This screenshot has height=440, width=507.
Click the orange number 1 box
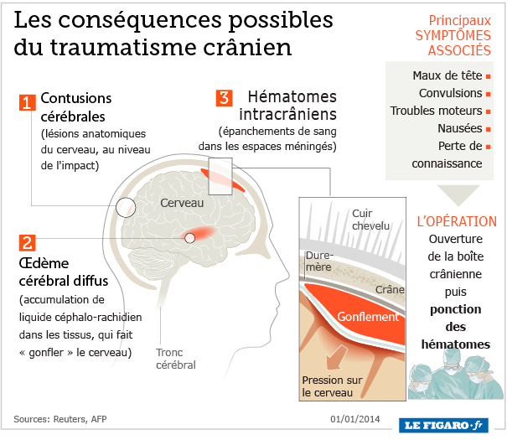[x=26, y=103]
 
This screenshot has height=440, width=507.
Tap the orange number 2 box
[x=26, y=243]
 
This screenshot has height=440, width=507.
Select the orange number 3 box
[x=224, y=96]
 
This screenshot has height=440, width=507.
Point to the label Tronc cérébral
[x=175, y=358]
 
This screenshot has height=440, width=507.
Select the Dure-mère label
[x=318, y=261]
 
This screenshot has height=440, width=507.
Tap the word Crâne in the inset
[x=391, y=290]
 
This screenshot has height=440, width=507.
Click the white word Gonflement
[x=368, y=317]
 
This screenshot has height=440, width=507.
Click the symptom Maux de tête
[x=436, y=75]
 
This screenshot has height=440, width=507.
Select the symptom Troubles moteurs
[x=436, y=111]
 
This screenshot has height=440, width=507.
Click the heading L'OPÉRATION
[x=457, y=221]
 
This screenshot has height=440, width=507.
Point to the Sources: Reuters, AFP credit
[x=59, y=418]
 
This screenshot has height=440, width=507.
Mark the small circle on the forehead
[x=127, y=205]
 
